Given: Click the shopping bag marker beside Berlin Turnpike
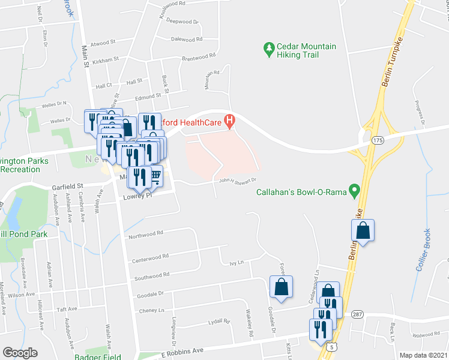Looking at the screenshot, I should (x=363, y=230).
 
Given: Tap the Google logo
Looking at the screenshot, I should (x=20, y=353).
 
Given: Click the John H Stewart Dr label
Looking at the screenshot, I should (x=238, y=180).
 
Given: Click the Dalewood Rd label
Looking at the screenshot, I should (x=188, y=40).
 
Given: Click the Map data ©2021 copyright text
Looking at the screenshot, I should (x=424, y=355).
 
